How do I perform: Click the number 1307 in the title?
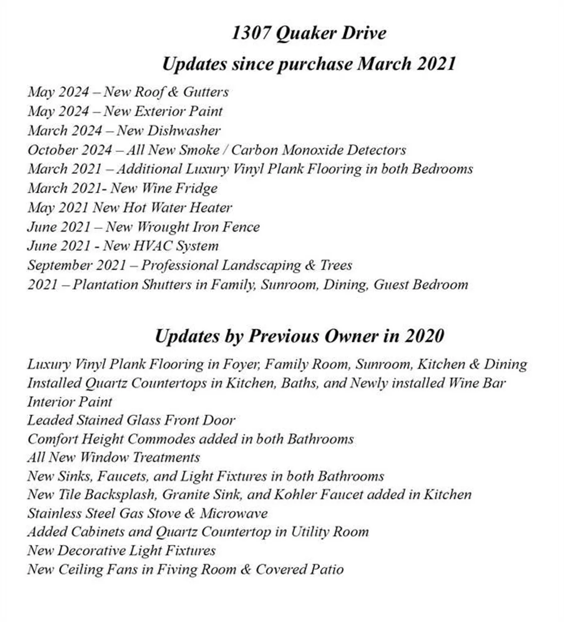pos(250,33)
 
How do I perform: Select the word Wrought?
pos(163,227)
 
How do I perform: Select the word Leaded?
pos(50,420)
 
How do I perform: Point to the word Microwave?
pos(234,513)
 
